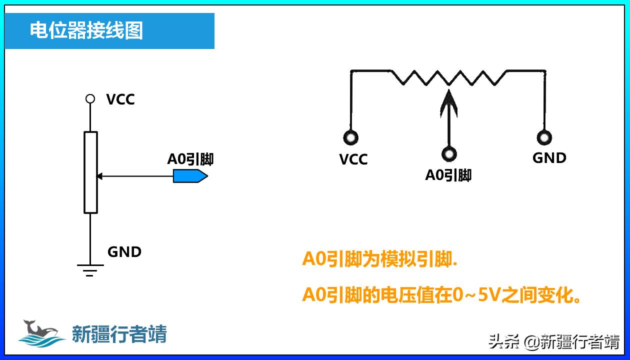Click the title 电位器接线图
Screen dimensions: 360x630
(x=86, y=30)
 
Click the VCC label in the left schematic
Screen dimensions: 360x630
(x=120, y=99)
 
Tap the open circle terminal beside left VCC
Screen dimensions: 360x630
(x=90, y=98)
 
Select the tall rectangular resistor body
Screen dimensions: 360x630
(x=90, y=172)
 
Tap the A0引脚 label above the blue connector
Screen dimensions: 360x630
(x=190, y=159)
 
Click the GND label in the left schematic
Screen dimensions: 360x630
(x=124, y=251)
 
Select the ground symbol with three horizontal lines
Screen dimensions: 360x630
(x=90, y=270)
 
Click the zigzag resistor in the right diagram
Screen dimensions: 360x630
(x=448, y=77)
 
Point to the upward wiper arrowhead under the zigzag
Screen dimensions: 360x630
(x=448, y=100)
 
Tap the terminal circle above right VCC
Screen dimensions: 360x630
(x=350, y=137)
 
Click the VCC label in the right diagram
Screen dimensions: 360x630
(x=353, y=159)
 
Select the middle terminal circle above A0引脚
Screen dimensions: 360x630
(x=449, y=153)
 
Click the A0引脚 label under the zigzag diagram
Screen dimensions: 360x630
(x=448, y=175)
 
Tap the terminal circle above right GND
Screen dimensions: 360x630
(x=543, y=137)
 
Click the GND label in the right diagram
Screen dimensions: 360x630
(x=549, y=158)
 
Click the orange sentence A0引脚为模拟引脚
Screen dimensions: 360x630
(x=380, y=259)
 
